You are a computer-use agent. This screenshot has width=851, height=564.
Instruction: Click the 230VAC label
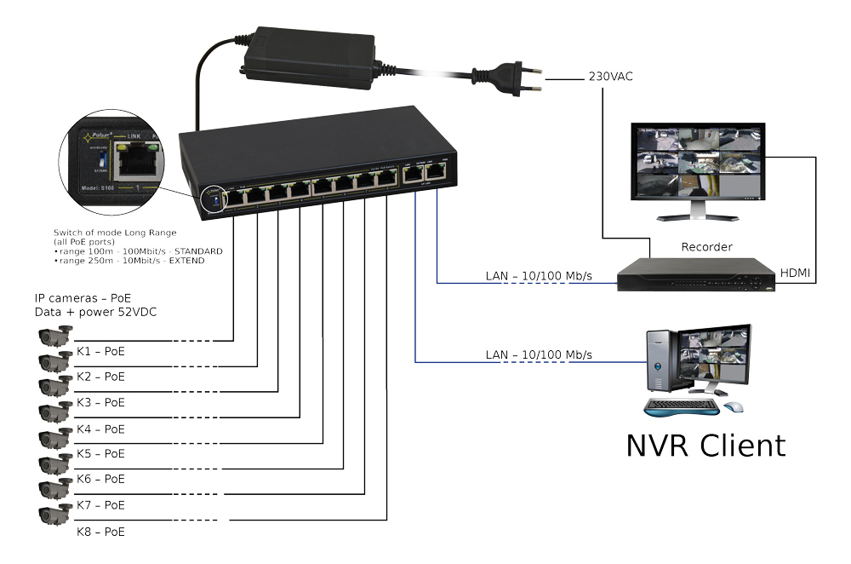610,77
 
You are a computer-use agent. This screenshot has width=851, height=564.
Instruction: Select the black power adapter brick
311,51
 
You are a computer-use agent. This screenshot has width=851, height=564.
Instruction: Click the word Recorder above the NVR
706,247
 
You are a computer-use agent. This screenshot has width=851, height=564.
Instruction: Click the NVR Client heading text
705,445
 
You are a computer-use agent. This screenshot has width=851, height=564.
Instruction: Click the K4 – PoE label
100,429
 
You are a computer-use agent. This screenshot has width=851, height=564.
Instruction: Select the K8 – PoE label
100,532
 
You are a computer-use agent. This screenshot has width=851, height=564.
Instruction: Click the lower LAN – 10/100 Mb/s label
539,354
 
